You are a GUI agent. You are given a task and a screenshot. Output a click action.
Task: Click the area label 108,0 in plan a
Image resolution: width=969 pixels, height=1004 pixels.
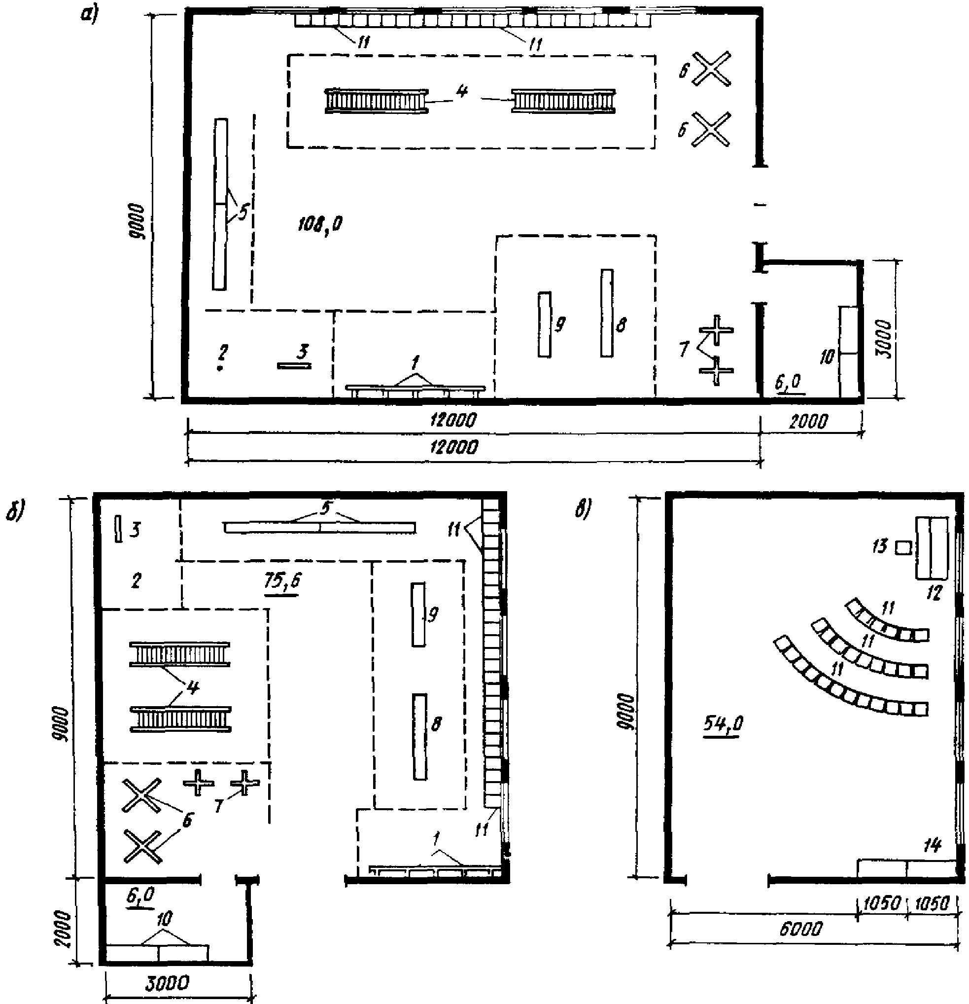320,224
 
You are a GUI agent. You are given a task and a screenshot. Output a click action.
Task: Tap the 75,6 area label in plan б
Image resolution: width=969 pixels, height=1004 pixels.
282,581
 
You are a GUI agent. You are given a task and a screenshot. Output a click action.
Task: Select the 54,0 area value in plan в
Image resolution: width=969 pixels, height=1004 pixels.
722,723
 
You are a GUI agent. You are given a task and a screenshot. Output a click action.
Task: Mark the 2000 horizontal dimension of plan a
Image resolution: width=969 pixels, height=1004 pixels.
808,421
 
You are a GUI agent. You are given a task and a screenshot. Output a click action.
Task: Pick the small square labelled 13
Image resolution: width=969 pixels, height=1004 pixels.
903,547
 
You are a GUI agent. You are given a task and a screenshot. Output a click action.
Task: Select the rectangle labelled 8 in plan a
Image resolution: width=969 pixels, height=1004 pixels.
607,313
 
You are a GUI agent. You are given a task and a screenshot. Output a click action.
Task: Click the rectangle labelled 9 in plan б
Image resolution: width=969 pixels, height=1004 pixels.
418,614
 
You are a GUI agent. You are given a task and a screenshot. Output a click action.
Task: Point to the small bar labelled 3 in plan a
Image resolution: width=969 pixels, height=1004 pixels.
294,365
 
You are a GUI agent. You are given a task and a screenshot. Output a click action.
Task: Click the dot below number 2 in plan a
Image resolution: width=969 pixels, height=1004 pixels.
220,368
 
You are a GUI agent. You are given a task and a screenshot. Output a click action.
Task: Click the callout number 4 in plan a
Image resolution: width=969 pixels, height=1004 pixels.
462,91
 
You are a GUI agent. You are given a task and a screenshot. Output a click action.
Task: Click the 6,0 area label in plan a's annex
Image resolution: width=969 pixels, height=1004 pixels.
789,382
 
